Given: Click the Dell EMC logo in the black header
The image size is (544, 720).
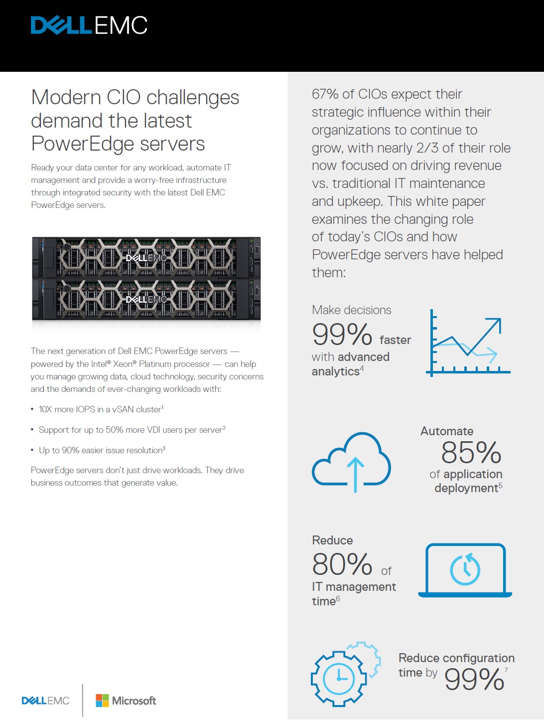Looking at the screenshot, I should (89, 25).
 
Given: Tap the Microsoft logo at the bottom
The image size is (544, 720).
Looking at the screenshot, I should (126, 701).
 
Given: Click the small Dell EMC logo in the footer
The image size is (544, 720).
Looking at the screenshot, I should (45, 701).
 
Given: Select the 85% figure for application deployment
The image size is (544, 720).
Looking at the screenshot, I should (471, 453).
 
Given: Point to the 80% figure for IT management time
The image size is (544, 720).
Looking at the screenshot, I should (342, 564).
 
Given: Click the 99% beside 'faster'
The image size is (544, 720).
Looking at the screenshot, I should (342, 335).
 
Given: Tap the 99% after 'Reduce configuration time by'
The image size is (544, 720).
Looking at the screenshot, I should (474, 679).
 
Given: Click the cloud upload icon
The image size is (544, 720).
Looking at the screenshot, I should (351, 461).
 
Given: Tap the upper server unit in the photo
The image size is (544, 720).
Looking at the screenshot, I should (146, 257).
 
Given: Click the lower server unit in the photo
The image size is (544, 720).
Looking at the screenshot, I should (146, 299).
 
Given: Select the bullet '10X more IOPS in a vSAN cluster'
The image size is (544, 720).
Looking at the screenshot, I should (101, 409).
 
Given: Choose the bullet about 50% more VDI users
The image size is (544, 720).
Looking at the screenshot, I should (132, 430).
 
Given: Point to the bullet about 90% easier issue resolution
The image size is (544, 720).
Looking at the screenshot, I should (102, 450).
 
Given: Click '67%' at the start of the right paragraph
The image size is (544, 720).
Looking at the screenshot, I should (325, 94).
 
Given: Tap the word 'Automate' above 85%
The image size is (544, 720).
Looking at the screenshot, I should (447, 431).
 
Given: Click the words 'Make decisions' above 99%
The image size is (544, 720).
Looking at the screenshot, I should (351, 310).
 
